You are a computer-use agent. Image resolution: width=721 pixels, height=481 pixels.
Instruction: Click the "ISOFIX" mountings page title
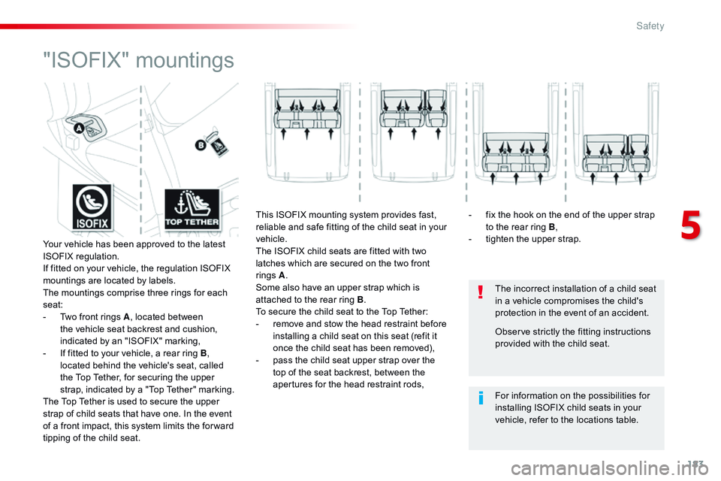(138, 59)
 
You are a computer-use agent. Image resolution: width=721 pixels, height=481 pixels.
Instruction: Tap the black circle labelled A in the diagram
(78, 129)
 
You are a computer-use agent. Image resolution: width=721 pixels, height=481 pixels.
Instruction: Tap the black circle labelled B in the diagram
(201, 146)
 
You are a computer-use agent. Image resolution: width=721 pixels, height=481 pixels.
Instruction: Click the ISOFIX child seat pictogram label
(92, 207)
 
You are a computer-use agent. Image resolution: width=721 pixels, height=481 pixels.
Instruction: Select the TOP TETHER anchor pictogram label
(192, 207)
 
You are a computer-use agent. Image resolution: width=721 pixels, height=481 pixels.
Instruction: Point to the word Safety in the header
(650, 26)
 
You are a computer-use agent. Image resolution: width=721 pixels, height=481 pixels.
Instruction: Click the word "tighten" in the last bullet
(501, 240)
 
